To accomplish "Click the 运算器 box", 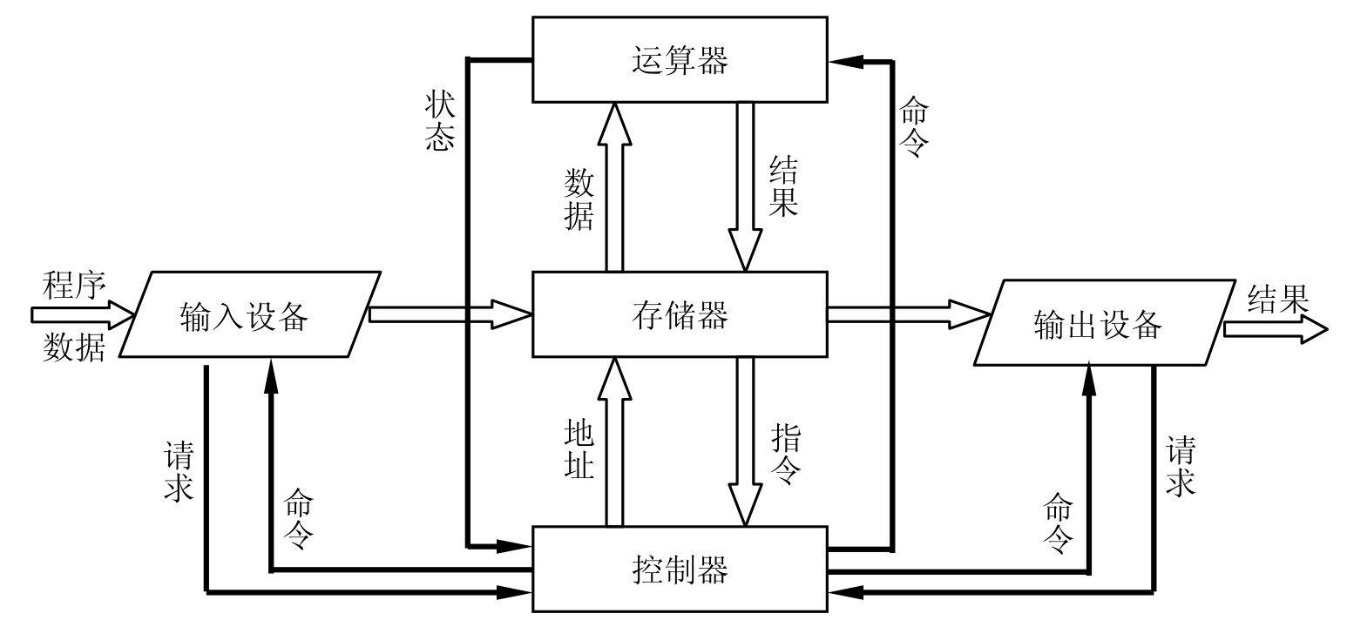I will pyautogui.click(x=679, y=60).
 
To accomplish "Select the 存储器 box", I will pyautogui.click(x=679, y=314).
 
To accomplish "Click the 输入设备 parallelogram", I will pyautogui.click(x=249, y=315).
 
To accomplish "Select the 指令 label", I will pyautogui.click(x=785, y=452).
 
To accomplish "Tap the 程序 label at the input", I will pyautogui.click(x=74, y=286).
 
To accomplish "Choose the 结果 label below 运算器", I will pyautogui.click(x=783, y=186).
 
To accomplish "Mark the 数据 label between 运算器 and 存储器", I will pyautogui.click(x=579, y=199).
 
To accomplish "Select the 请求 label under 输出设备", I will pyautogui.click(x=1180, y=466).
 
